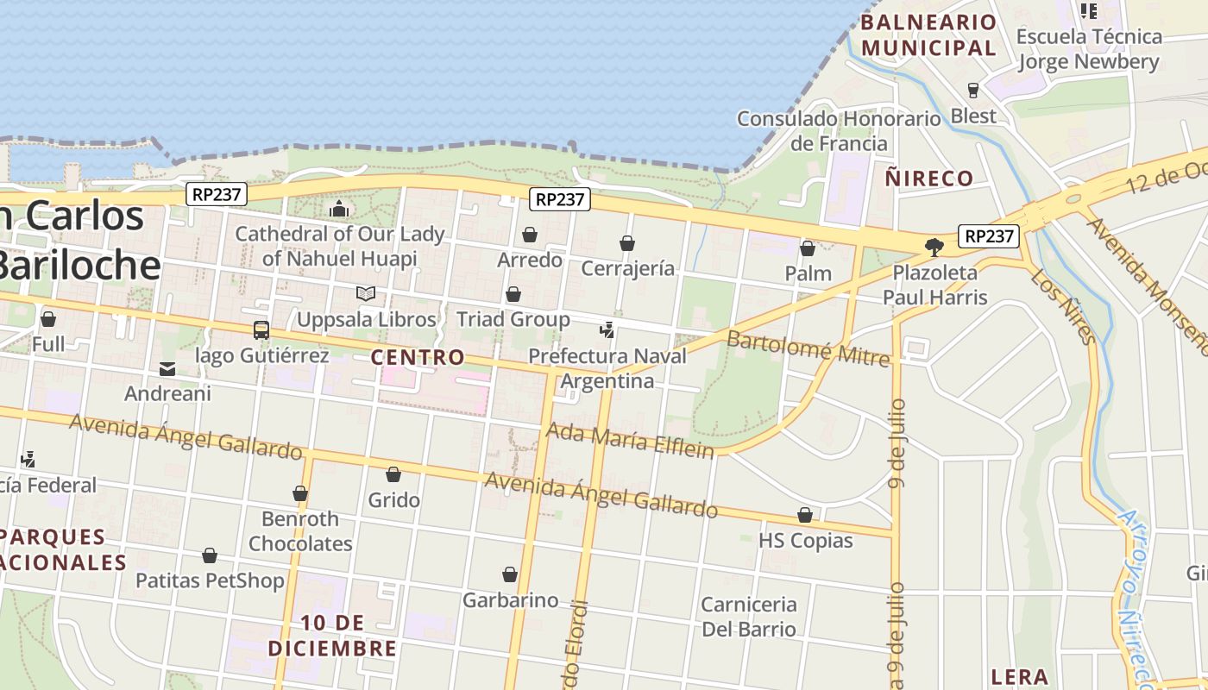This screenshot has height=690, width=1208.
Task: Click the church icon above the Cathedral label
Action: (x=339, y=210)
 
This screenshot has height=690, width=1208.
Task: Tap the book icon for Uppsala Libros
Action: (x=366, y=294)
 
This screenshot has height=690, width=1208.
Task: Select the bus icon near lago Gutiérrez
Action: (x=261, y=329)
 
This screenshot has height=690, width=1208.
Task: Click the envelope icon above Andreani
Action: (x=167, y=369)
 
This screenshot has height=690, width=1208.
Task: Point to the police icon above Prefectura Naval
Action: (x=607, y=329)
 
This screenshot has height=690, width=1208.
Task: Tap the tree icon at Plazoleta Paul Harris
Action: (x=934, y=248)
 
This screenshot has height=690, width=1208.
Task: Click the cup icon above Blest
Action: (x=973, y=90)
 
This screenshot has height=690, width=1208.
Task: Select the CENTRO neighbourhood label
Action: (x=418, y=357)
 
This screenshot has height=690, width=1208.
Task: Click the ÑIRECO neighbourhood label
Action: (x=929, y=179)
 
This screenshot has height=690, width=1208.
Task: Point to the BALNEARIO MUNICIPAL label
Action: (x=928, y=35)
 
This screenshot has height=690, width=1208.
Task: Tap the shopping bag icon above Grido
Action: (x=393, y=474)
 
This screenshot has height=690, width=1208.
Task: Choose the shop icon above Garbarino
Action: (x=510, y=574)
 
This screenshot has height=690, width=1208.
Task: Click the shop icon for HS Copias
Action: (x=805, y=515)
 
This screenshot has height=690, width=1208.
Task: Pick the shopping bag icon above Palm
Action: (x=808, y=249)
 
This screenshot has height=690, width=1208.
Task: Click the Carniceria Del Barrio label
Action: (x=748, y=616)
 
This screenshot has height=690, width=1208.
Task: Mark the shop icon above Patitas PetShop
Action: (x=210, y=555)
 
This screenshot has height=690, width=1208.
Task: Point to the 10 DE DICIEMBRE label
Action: (x=332, y=636)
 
